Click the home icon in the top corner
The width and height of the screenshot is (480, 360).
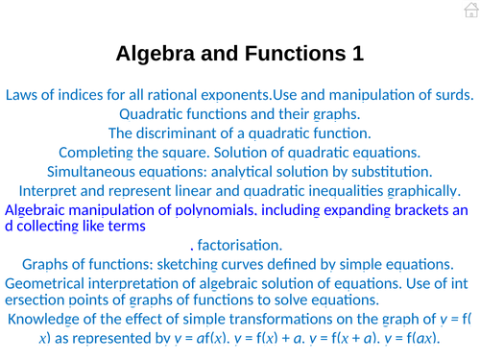[470, 10]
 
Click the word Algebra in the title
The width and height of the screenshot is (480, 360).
[156, 54]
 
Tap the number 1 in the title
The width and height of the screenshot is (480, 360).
[357, 54]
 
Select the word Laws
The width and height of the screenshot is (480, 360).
[22, 95]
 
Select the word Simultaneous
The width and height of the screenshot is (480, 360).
[94, 172]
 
